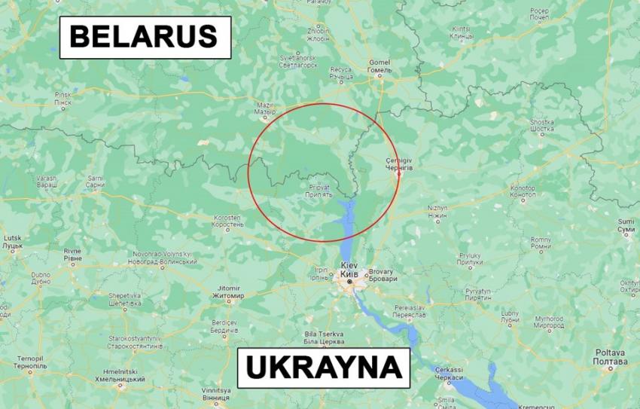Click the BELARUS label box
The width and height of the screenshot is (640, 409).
pyautogui.click(x=145, y=37)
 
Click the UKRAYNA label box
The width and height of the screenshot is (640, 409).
pyautogui.click(x=323, y=368)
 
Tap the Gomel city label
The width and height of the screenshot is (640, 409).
pyautogui.click(x=380, y=67)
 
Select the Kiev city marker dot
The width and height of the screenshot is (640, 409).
pyautogui.click(x=349, y=282)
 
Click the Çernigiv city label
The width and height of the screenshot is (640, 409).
pyautogui.click(x=399, y=165)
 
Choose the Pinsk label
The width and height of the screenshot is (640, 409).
pyautogui.click(x=62, y=98)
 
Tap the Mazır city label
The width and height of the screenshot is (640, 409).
pyautogui.click(x=265, y=109)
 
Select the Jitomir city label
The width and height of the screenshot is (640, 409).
pyautogui.click(x=228, y=292)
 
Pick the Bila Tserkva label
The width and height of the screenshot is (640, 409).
pyautogui.click(x=324, y=337)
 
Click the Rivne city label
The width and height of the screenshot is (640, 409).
pyautogui.click(x=72, y=254)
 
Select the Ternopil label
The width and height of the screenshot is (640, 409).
pyautogui.click(x=29, y=362)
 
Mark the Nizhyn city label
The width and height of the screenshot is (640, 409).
pyautogui.click(x=437, y=211)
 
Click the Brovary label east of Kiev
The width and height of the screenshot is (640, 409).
pyautogui.click(x=381, y=275)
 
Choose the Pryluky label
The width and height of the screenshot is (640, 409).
pyautogui.click(x=470, y=259)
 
